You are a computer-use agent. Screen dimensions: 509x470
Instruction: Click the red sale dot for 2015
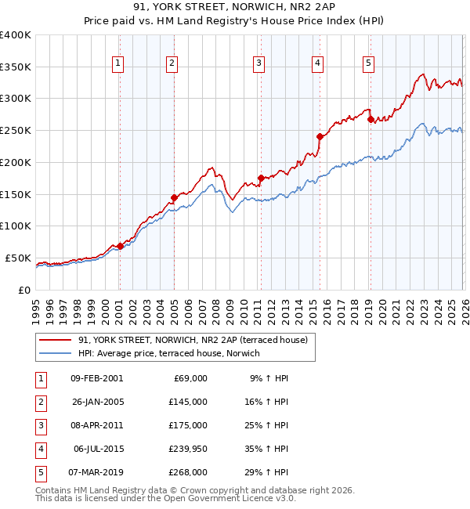pyautogui.click(x=320, y=136)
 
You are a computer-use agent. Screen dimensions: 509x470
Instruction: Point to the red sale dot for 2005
pyautogui.click(x=174, y=197)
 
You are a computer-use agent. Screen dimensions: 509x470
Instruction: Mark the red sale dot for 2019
pyautogui.click(x=370, y=120)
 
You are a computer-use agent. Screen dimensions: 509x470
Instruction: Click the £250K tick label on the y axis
pyautogui.click(x=15, y=130)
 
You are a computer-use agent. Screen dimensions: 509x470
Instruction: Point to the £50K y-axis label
pyautogui.click(x=18, y=258)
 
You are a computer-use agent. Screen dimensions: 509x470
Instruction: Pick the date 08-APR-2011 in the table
pyautogui.click(x=96, y=425)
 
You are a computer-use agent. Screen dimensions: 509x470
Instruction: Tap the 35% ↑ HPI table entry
pyautogui.click(x=268, y=449)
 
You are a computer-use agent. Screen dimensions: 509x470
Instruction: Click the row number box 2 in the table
pyautogui.click(x=39, y=402)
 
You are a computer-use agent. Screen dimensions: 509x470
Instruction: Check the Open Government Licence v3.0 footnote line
pyautogui.click(x=165, y=498)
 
